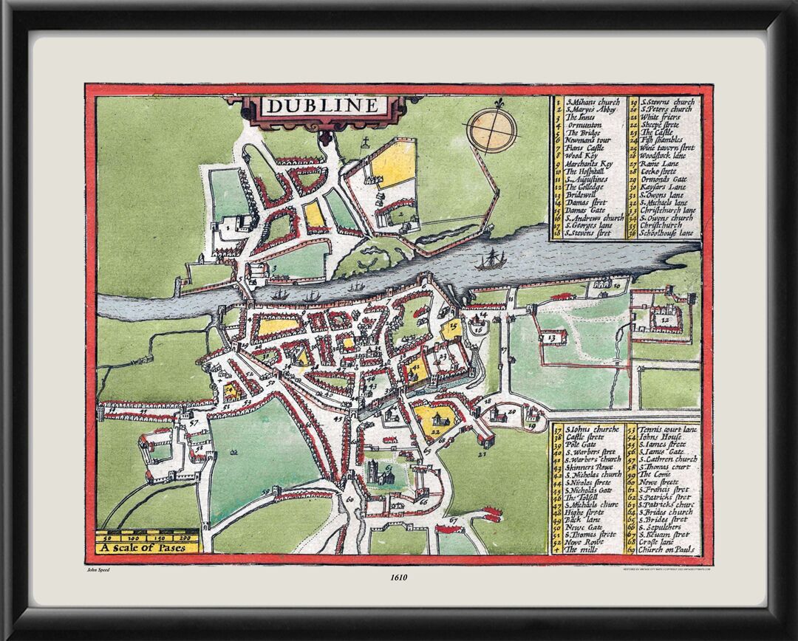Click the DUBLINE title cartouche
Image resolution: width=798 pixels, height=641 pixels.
point(321,106)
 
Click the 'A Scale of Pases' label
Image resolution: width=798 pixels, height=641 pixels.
point(147,548)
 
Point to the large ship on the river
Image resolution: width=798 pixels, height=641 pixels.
point(490,259)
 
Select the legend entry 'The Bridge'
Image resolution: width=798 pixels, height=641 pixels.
point(580,133)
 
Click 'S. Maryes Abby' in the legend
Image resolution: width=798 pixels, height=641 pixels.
point(588,109)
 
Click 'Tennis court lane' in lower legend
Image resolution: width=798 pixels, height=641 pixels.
point(664,429)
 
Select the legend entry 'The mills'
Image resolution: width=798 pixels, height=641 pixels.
point(580,550)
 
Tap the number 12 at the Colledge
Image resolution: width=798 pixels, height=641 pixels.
point(666,321)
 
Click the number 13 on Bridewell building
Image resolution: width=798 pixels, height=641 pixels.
point(550,337)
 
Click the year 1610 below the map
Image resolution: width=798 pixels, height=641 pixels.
point(398,578)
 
